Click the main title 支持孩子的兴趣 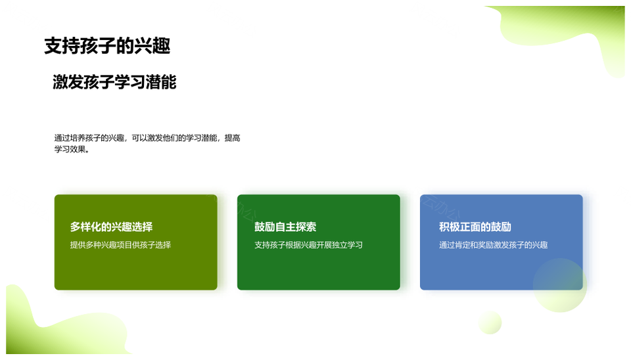click(107, 46)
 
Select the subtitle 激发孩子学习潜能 click(114, 82)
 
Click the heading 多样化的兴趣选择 click(112, 227)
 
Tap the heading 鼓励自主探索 click(285, 227)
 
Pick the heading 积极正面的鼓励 click(475, 227)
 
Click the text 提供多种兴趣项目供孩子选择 click(121, 245)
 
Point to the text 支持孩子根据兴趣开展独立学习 click(309, 245)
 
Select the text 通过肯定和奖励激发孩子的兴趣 click(494, 245)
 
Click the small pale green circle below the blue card click(490, 322)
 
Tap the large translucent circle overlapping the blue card click(560, 285)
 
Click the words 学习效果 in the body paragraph click(70, 149)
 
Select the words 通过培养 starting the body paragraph click(70, 138)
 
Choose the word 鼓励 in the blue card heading click(501, 227)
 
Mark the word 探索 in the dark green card click(306, 227)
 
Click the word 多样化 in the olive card click(85, 227)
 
